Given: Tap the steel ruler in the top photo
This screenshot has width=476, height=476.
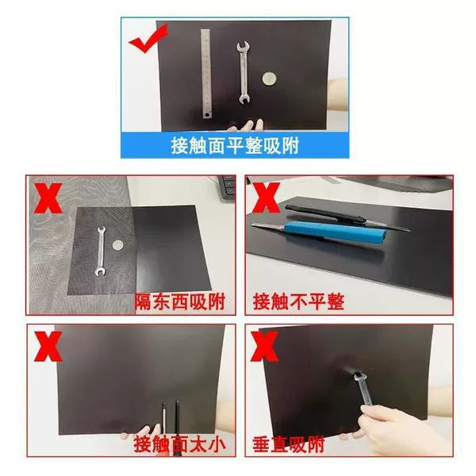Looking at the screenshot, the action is [x=206, y=74].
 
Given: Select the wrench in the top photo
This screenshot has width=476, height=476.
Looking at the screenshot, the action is [x=244, y=73].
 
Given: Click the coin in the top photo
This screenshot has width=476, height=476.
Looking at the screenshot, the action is [x=269, y=79].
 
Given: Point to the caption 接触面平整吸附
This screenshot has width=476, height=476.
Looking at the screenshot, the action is [x=235, y=145].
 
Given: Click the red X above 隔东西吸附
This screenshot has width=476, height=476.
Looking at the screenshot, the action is [x=48, y=198].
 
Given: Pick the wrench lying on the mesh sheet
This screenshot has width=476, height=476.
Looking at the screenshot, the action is [x=101, y=251].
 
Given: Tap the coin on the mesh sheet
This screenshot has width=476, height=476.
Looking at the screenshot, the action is [x=118, y=244].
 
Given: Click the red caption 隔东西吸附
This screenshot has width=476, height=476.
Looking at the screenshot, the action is [x=180, y=301].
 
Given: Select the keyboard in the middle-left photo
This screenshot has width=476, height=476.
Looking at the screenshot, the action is [x=227, y=186].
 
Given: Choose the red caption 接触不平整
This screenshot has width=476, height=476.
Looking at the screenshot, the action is [x=298, y=301].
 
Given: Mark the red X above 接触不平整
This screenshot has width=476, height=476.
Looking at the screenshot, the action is [x=266, y=198].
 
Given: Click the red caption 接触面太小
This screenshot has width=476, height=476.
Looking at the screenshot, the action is [x=180, y=444].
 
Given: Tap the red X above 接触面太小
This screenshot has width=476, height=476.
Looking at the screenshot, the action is [x=48, y=346].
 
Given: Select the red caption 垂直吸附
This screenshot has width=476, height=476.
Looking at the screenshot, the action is [x=288, y=444].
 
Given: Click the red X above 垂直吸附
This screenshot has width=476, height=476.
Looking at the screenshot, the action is [x=264, y=346].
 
